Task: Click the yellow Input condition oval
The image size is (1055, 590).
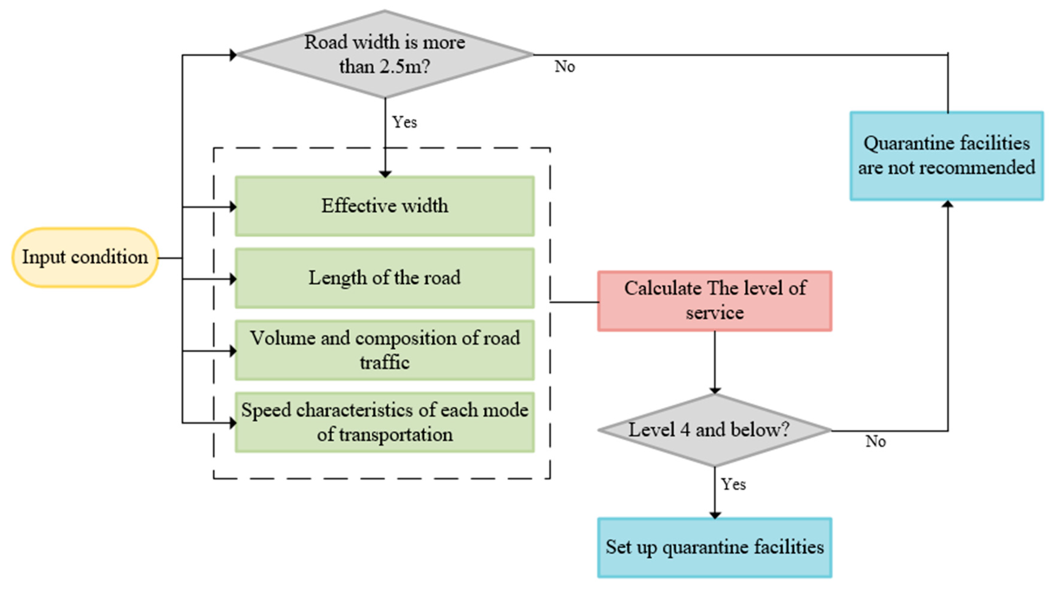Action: coord(85,257)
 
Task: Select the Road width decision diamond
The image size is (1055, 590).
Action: coord(384,54)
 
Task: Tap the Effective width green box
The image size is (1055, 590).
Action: coord(384,206)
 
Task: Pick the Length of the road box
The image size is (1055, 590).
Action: coord(384,278)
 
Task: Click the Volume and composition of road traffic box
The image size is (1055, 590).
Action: coord(384,350)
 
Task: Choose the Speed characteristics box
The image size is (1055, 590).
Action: coord(384,422)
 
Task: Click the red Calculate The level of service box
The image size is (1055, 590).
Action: coord(715,301)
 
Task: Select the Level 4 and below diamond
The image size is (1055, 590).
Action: coord(715,430)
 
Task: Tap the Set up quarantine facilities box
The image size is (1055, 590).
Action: coord(715,548)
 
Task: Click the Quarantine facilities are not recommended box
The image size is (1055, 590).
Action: coord(946,156)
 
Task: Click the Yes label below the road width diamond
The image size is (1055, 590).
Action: coord(405,122)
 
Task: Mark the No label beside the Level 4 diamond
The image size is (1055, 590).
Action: coord(875,442)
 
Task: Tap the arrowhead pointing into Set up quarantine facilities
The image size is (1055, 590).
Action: coord(715,515)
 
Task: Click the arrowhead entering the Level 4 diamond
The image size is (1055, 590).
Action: coord(715,390)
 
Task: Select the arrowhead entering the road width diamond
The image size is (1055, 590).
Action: coord(233,54)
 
